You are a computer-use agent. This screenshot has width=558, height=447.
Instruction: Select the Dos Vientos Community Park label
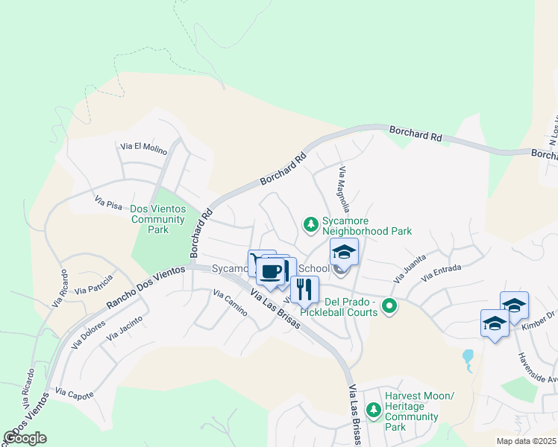[157, 219]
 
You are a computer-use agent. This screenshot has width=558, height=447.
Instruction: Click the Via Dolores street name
[88, 336]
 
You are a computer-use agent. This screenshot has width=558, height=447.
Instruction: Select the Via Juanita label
[410, 267]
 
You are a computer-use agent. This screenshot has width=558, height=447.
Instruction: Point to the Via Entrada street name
[442, 273]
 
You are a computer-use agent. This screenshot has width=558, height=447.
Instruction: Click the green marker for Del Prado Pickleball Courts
[389, 305]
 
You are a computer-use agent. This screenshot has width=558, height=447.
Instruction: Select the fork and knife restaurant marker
[304, 288]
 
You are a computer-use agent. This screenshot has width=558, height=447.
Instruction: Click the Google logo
[25, 438]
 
